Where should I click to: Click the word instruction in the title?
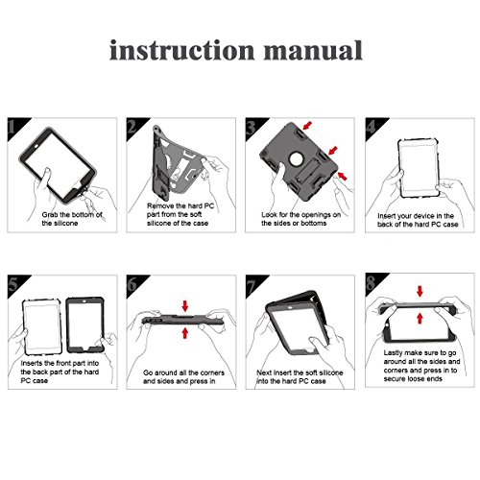[182, 50]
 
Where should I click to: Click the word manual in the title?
[313, 50]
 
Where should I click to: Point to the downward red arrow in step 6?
[185, 305]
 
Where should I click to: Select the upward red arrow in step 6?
[185, 333]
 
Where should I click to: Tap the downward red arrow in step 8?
[420, 291]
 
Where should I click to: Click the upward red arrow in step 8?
[420, 318]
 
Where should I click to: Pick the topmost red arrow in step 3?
[307, 126]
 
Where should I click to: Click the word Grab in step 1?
[50, 215]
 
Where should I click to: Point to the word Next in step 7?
[264, 372]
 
